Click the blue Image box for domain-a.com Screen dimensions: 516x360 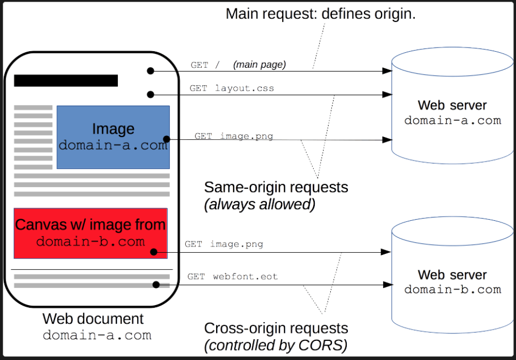click(113, 137)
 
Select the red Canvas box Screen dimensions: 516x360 click(91, 233)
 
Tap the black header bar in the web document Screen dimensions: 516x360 click(66, 81)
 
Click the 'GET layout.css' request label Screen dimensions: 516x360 click(232, 89)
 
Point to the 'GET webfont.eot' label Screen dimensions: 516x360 click(233, 276)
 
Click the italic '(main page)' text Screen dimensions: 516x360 click(259, 65)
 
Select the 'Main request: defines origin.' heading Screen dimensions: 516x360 click(321, 14)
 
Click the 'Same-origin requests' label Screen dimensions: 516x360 click(276, 187)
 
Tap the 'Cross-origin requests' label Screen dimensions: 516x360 click(276, 328)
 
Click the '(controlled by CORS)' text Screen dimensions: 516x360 click(276, 345)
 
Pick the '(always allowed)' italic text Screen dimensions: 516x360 click(260, 204)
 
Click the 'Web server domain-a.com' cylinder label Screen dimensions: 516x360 click(453, 113)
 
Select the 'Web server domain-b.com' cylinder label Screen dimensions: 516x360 click(453, 282)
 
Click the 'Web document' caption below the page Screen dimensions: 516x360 click(93, 319)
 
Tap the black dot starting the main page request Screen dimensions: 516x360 click(150, 71)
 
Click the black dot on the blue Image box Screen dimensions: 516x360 click(166, 139)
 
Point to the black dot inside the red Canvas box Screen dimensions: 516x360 click(154, 252)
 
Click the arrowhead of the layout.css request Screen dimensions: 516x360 click(387, 95)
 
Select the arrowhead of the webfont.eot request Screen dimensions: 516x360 click(388, 285)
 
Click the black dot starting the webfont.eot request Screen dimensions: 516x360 click(156, 285)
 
